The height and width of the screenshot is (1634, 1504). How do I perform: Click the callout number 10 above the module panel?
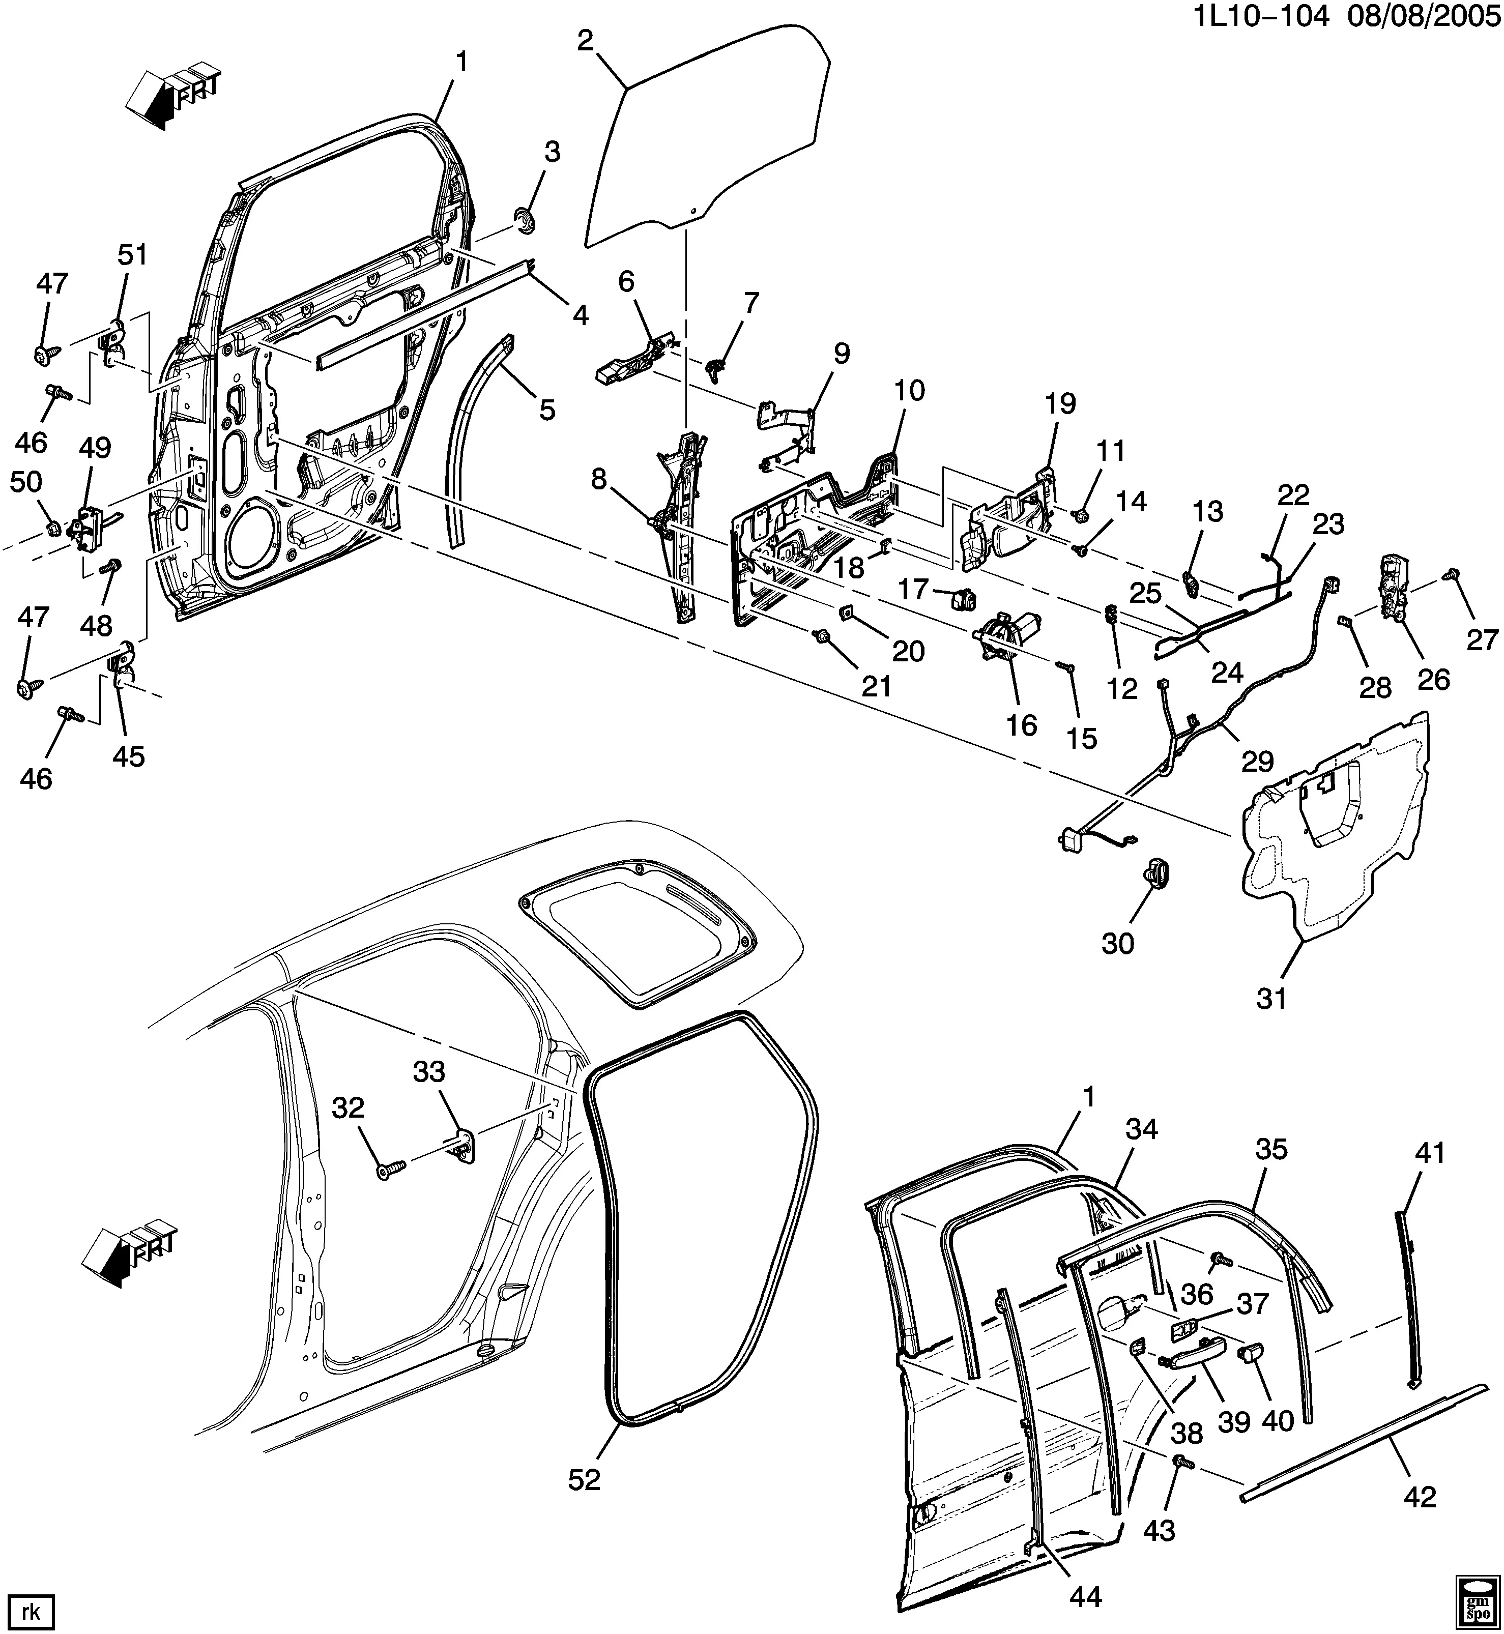click(x=909, y=391)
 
